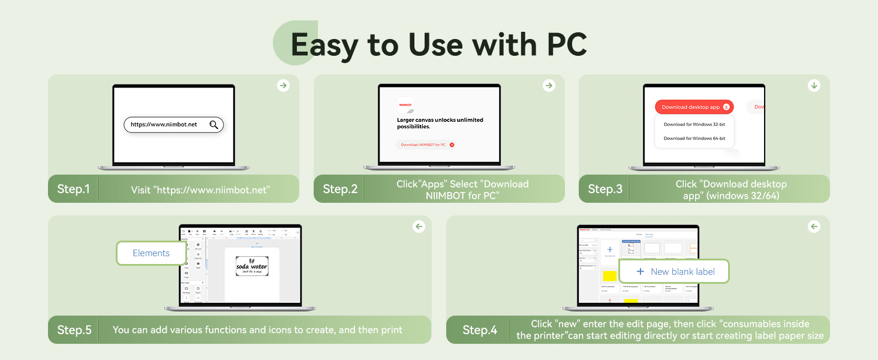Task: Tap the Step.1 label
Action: tap(73, 190)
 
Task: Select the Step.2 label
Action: tap(339, 190)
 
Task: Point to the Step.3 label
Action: tap(605, 190)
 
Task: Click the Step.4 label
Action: tap(480, 330)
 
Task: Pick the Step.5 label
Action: tap(74, 330)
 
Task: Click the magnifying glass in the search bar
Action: tap(214, 125)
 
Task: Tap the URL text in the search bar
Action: tap(164, 125)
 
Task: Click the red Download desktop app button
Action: tap(694, 107)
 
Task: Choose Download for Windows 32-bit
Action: tap(694, 125)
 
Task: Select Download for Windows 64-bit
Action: tap(694, 139)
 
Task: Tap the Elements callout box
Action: tap(151, 253)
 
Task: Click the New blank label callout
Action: tap(674, 272)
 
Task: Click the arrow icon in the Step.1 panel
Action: tap(283, 86)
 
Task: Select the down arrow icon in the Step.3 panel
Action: tap(814, 86)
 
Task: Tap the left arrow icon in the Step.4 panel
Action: tap(814, 227)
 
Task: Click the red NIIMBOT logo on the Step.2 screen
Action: tap(405, 104)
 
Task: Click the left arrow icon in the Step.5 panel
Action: tap(419, 227)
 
